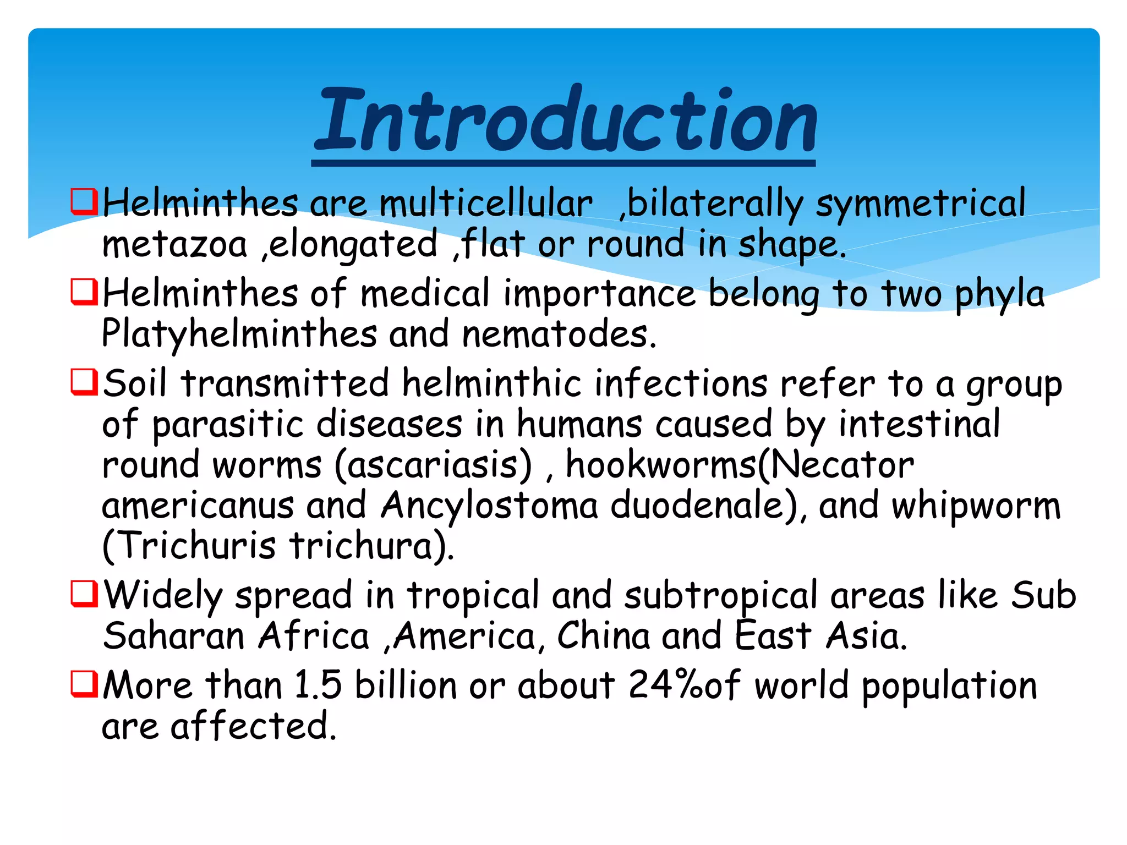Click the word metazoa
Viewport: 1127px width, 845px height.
click(x=174, y=244)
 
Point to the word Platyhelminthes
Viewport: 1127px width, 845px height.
click(x=239, y=334)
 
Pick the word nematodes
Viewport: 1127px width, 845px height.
click(x=559, y=334)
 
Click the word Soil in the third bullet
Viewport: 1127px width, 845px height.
click(x=135, y=383)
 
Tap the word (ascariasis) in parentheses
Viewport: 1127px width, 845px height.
click(x=433, y=465)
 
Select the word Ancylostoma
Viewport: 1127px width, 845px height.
click(x=489, y=506)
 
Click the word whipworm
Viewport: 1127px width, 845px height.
click(x=976, y=506)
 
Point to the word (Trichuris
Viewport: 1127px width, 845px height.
click(x=189, y=546)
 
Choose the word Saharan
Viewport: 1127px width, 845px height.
click(x=173, y=637)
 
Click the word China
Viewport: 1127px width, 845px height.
click(x=603, y=637)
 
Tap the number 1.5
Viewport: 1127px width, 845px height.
click(x=318, y=685)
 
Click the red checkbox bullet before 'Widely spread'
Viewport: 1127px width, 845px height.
click(x=84, y=594)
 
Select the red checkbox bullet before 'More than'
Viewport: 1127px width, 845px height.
click(x=84, y=684)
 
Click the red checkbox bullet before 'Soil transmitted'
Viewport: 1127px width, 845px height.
click(x=84, y=382)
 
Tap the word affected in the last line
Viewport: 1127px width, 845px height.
click(x=253, y=726)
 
